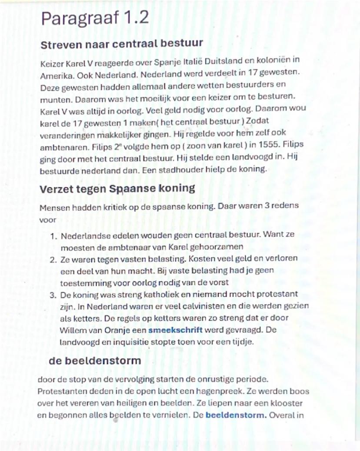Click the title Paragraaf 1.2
tap(94, 18)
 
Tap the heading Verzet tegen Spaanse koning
tap(117, 189)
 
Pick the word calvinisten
tap(211, 306)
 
